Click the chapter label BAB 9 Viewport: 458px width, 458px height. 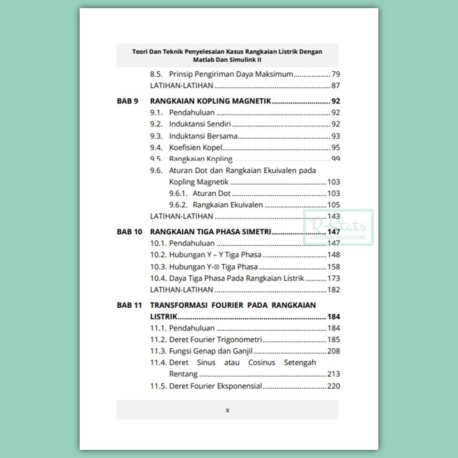127,101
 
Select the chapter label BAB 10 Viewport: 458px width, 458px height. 129,232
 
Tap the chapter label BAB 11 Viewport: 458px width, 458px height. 129,305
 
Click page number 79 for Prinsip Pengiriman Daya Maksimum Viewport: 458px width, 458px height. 335,74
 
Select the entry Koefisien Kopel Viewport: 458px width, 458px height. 196,147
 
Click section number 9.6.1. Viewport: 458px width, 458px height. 178,193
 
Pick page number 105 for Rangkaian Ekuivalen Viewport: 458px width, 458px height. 333,205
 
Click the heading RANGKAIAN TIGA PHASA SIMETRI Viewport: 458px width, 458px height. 210,232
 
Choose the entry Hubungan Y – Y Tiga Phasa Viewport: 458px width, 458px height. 215,255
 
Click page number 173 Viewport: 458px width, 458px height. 333,278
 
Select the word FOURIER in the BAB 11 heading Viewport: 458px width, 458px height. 224,305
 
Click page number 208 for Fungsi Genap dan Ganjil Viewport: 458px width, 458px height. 333,351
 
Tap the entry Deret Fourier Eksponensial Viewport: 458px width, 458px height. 215,386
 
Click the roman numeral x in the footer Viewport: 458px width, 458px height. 227,410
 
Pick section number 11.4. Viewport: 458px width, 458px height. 158,363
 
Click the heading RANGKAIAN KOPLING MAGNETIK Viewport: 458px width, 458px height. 210,101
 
